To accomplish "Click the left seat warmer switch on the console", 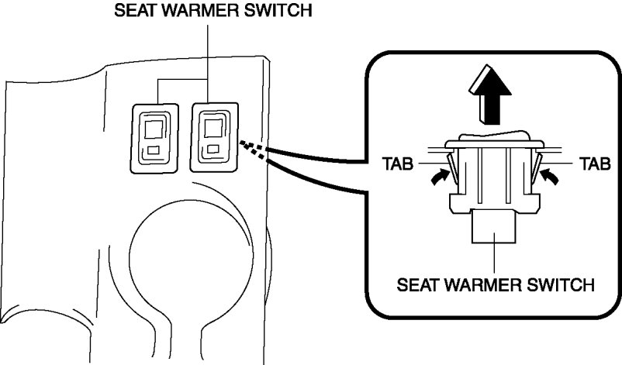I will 155,135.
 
